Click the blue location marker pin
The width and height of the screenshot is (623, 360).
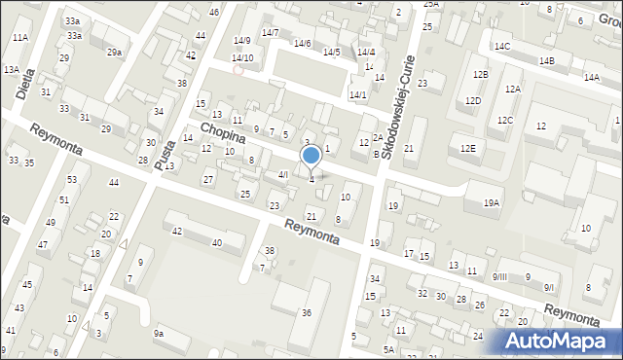tap(311, 156)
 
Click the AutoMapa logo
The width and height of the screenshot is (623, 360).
tap(560, 340)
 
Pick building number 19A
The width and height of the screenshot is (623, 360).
tap(492, 202)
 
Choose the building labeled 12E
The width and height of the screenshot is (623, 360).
tap(468, 148)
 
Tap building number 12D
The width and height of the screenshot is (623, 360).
tap(472, 100)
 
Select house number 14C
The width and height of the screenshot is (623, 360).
tap(501, 46)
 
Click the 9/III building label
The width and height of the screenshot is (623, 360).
tap(499, 277)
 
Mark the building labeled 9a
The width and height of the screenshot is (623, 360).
tap(158, 334)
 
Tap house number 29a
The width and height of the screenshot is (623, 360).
tap(114, 52)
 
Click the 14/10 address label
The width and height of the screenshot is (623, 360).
tap(242, 58)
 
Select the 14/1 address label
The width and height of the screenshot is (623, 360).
tap(357, 94)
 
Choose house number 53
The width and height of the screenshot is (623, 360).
tap(72, 180)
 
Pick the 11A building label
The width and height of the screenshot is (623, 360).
tap(19, 37)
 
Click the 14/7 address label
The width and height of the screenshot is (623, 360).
tap(270, 33)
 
